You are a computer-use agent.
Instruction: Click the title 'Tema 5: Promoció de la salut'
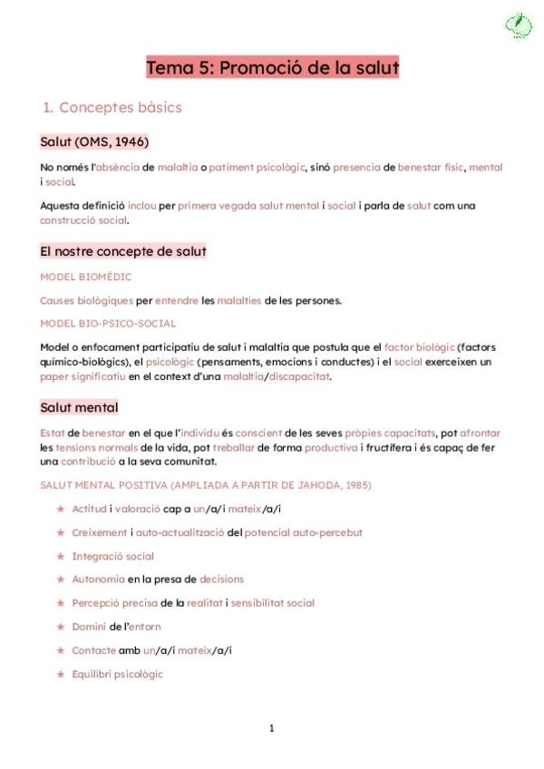[272, 68]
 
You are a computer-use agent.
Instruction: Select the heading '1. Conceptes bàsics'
[112, 107]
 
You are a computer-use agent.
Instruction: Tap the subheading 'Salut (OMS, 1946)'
[94, 142]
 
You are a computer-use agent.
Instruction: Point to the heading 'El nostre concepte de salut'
[123, 251]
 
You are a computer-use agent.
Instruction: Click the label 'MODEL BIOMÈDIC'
[86, 277]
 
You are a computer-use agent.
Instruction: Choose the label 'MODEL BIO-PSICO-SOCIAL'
[108, 323]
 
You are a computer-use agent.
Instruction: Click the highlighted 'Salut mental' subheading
[79, 408]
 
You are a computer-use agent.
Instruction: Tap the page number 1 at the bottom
[271, 727]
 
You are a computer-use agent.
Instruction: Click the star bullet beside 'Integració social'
[61, 557]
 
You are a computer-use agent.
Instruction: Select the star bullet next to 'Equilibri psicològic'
[61, 674]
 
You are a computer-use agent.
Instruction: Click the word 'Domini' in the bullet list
[89, 627]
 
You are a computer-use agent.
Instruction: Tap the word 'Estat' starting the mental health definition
[53, 433]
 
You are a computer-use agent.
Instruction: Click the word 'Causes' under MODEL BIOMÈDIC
[57, 300]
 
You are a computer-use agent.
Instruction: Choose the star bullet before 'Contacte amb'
[61, 650]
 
